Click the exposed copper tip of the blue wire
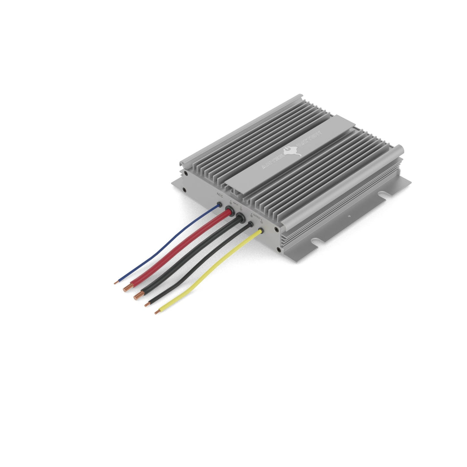coord(116,282)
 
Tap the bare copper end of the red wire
coord(127,288)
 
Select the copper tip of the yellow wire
coord(157,311)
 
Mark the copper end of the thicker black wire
coord(138,296)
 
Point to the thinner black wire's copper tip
coord(147,304)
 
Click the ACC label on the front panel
coord(219,196)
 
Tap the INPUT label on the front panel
coord(236,202)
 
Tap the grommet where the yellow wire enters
coord(261,231)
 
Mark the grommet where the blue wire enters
coord(219,205)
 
